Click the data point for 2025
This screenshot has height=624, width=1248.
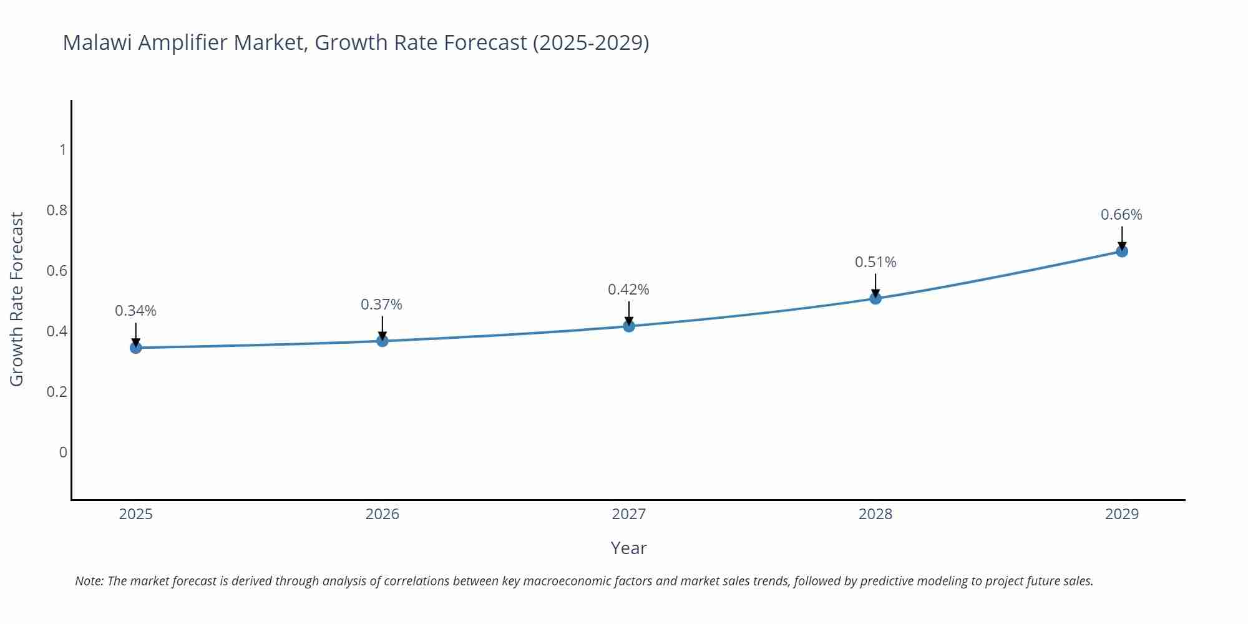tap(135, 348)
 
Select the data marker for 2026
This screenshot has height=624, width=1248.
tap(383, 341)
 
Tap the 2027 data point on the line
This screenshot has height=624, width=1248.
tap(629, 326)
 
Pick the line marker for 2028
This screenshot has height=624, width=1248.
tap(875, 298)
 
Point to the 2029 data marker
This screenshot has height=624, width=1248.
tap(1122, 251)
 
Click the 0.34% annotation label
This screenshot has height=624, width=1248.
tap(135, 311)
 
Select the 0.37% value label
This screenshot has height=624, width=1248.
tap(381, 305)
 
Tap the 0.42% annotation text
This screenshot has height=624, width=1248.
tap(628, 290)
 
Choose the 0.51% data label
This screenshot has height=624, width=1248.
tap(875, 262)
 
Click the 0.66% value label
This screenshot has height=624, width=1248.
tap(1121, 215)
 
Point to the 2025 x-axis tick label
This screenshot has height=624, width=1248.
tap(135, 514)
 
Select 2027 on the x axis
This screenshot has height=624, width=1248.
tap(629, 514)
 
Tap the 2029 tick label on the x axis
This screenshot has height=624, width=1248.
tap(1122, 514)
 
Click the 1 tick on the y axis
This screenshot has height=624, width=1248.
tap(62, 150)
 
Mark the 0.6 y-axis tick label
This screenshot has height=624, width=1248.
tap(57, 271)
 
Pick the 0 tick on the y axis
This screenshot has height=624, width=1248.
tap(62, 452)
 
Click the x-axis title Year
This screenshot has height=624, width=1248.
tap(628, 548)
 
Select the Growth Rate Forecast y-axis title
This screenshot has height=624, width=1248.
tap(17, 299)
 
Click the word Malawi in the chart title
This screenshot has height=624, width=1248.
tap(97, 42)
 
